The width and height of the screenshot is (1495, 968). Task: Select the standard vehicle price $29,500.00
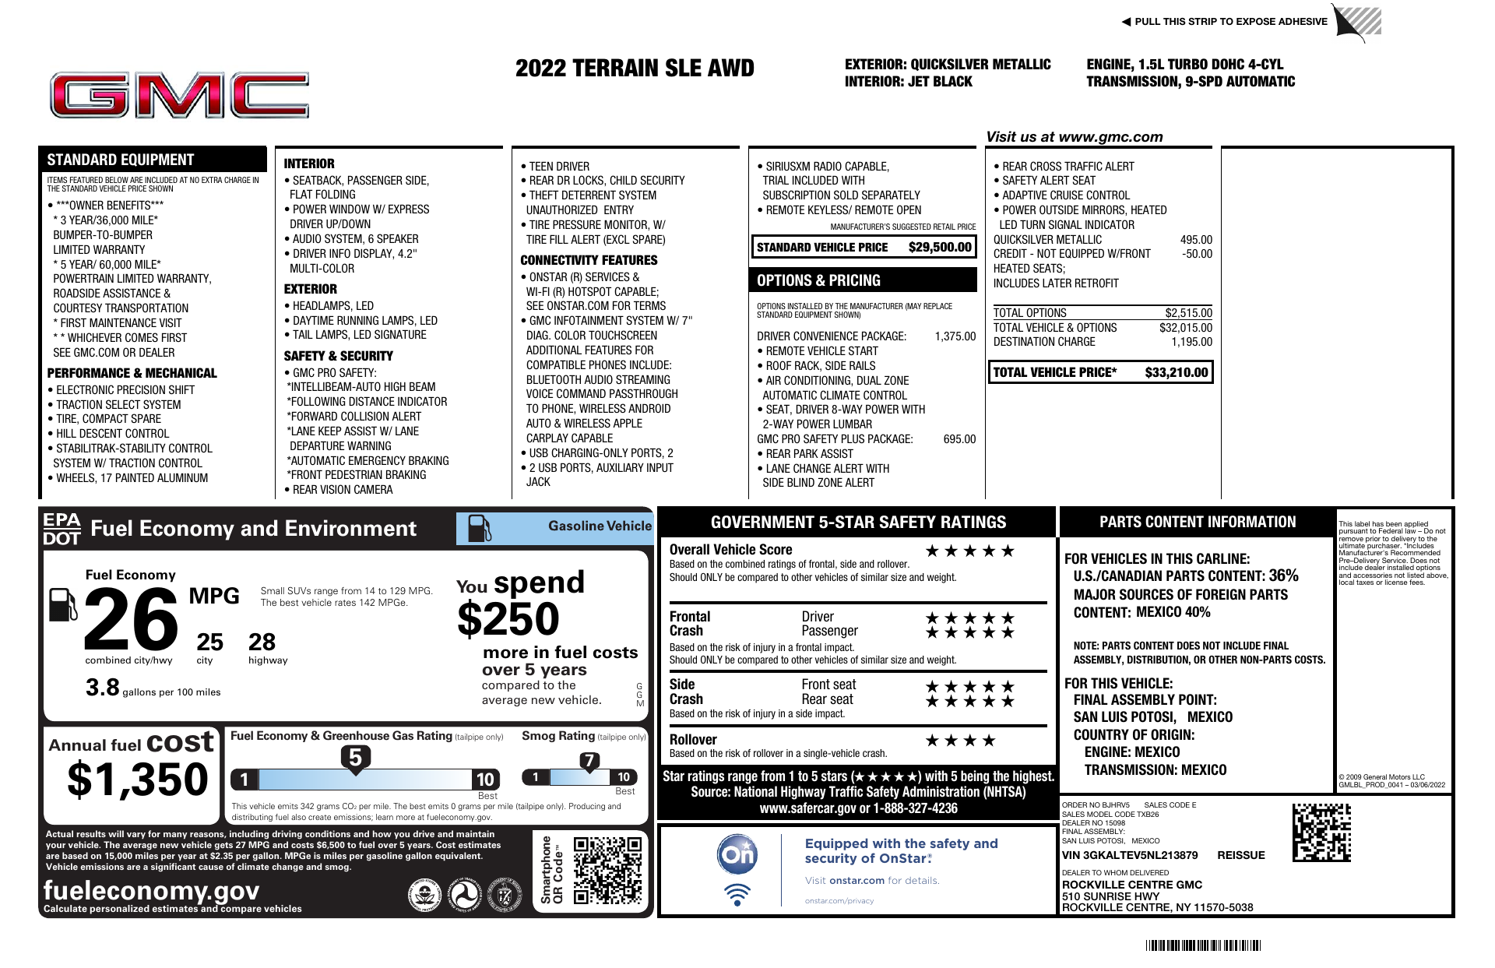click(940, 248)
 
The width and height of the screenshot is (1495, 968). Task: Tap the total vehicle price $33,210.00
click(1176, 373)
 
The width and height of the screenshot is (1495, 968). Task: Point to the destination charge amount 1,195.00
click(1191, 342)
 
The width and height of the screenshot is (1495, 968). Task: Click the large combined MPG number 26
click(131, 619)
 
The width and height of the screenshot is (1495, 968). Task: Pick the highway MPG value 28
click(262, 642)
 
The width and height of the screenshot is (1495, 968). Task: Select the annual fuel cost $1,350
click(138, 780)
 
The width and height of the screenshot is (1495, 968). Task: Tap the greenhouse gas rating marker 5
click(355, 758)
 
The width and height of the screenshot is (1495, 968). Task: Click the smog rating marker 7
click(589, 761)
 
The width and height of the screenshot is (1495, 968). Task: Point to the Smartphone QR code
click(608, 870)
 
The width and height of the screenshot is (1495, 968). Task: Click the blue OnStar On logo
click(737, 854)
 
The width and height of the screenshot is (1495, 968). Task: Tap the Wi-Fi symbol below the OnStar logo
click(737, 894)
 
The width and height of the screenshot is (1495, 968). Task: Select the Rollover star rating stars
click(960, 741)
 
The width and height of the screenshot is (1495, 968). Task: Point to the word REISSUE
click(1240, 855)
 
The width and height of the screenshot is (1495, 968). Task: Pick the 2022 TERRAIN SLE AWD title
click(635, 69)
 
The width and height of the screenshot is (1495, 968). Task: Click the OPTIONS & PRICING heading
click(818, 280)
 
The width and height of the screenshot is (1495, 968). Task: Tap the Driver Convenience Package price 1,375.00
click(955, 336)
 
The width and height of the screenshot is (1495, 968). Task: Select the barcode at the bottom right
click(1202, 946)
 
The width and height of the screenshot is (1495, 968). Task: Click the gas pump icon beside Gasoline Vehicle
click(479, 528)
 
